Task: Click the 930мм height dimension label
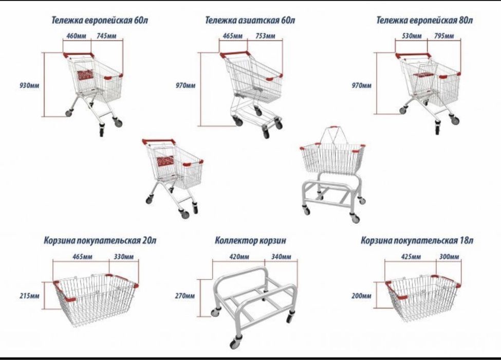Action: [x=29, y=85]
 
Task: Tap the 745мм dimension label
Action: [x=106, y=35]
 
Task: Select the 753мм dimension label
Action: [x=266, y=35]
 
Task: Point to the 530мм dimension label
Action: [x=412, y=35]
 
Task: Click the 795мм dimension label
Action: [x=444, y=35]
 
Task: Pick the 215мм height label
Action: [x=29, y=296]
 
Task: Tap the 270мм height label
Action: [x=184, y=296]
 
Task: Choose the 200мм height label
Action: [x=361, y=296]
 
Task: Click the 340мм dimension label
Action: [x=281, y=257]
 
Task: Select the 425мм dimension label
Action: [x=411, y=257]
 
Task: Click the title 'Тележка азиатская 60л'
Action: [x=250, y=20]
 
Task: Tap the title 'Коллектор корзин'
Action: [x=250, y=240]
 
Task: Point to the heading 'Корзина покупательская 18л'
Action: [x=417, y=240]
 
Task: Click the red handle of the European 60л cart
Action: [x=78, y=55]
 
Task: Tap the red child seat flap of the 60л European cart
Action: [x=85, y=75]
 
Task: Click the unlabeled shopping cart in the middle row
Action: [x=173, y=177]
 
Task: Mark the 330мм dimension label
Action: [x=124, y=257]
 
